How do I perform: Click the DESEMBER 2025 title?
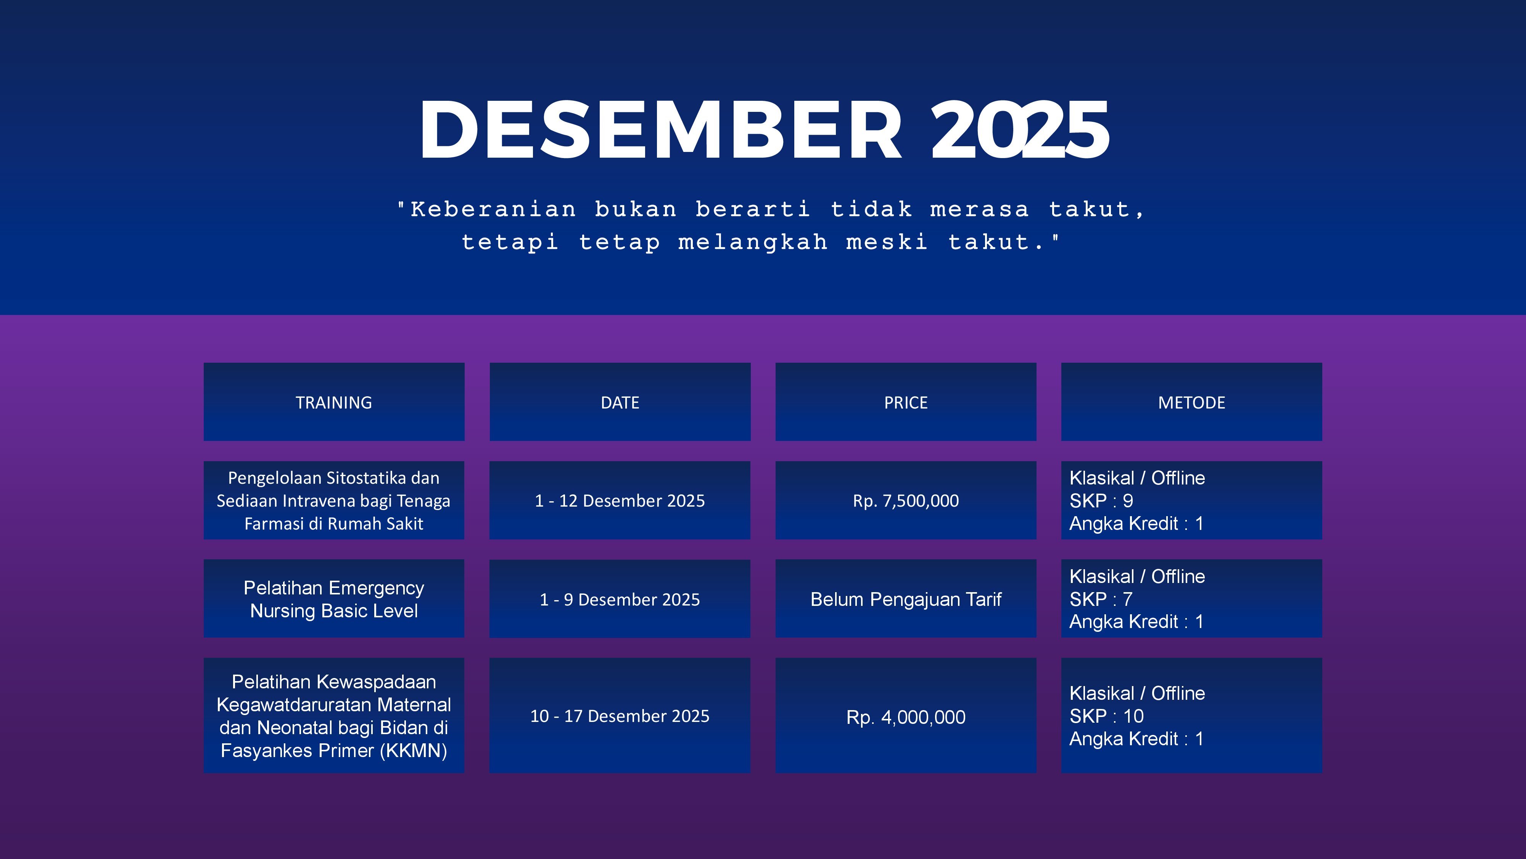[x=764, y=129]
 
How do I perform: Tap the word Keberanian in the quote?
[x=493, y=209]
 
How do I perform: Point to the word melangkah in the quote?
[x=752, y=242]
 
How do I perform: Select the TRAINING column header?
[x=334, y=402]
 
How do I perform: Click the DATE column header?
[x=620, y=402]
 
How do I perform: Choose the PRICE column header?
[x=906, y=402]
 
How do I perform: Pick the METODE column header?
[x=1191, y=402]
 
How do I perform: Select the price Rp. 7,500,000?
[x=906, y=501]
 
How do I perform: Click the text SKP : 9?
[x=1101, y=501]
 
